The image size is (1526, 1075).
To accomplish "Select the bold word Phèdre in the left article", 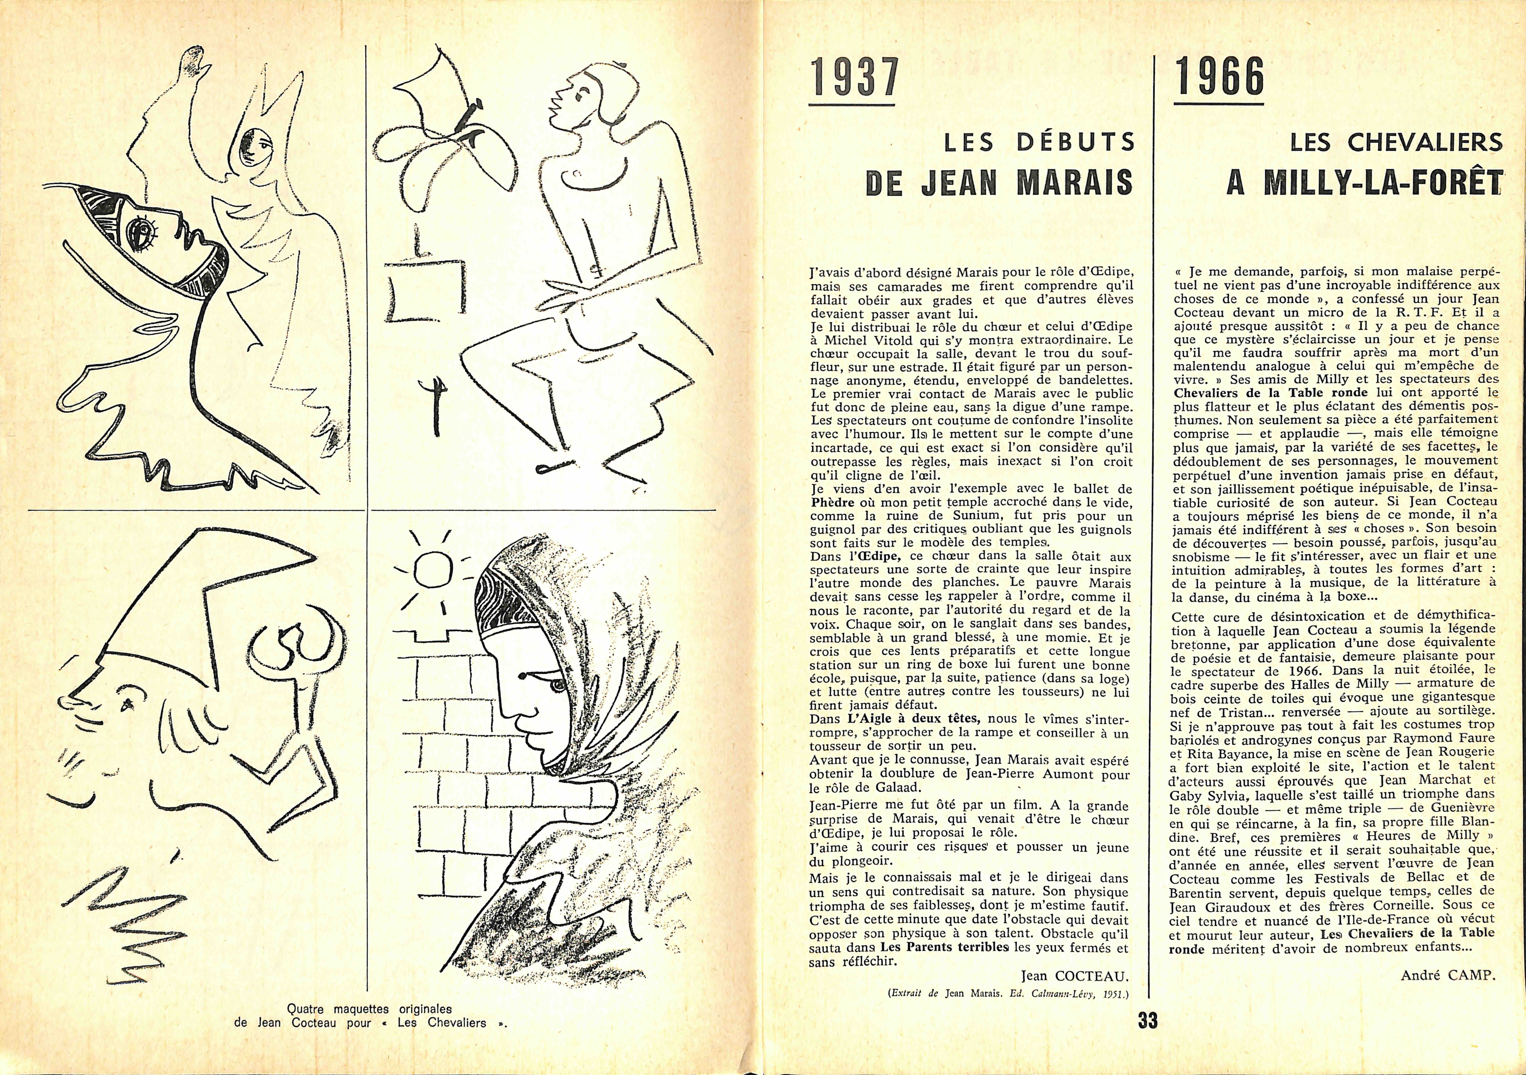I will click(x=834, y=502).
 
